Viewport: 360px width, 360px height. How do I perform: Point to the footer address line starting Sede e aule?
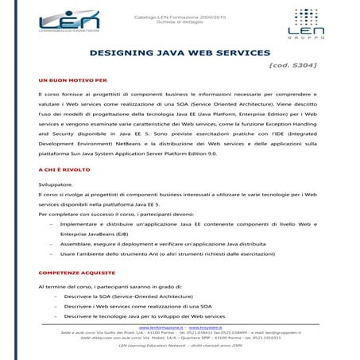pos(180,332)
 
